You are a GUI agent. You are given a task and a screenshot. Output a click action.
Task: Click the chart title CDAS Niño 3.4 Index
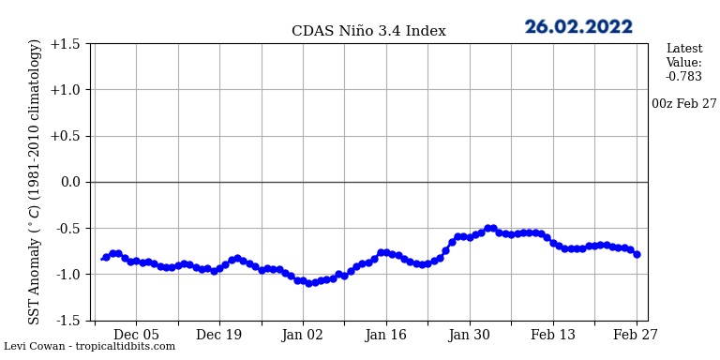(x=368, y=31)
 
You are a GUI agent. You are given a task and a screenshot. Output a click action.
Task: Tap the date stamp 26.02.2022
(x=578, y=27)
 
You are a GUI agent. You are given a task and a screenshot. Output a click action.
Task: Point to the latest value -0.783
(x=683, y=77)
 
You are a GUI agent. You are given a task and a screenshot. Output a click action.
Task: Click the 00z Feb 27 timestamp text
(x=683, y=104)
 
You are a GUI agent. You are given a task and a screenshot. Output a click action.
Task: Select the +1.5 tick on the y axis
(x=66, y=44)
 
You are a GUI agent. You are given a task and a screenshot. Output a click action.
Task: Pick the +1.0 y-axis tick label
(x=66, y=90)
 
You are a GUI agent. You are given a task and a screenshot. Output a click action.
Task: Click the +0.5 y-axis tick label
(x=66, y=136)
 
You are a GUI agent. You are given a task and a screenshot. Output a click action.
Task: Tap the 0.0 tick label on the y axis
(x=70, y=182)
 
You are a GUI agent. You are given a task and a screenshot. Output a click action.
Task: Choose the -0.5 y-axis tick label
(x=67, y=228)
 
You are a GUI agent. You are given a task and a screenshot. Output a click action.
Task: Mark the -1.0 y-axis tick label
(x=67, y=274)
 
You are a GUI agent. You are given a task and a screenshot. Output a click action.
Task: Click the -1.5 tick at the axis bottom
(x=67, y=320)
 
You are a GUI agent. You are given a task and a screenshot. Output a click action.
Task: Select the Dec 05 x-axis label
(x=136, y=335)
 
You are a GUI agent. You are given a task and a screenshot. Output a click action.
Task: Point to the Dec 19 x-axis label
(x=219, y=335)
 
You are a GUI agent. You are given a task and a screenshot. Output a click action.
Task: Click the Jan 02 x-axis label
(x=303, y=335)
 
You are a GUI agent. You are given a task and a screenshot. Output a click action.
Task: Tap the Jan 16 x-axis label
(x=386, y=335)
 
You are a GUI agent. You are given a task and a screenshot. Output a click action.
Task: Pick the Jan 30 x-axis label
(x=470, y=335)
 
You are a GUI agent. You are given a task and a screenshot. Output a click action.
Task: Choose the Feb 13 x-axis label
(x=553, y=335)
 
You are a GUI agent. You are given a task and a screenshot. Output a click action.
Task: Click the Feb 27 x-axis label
(x=637, y=335)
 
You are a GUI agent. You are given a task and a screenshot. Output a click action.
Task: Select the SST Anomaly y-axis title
(x=36, y=182)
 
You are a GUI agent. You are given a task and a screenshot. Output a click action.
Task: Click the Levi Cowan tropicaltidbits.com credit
(x=89, y=347)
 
